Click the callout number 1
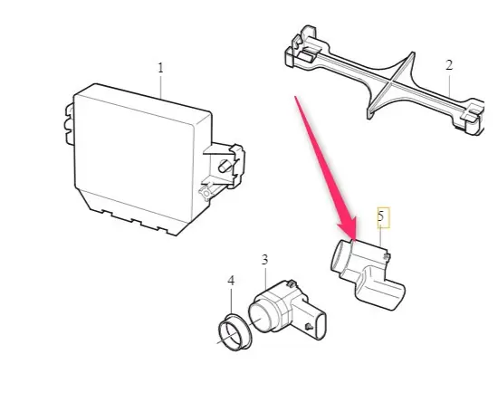tap(160, 68)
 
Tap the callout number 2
tap(449, 65)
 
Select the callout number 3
tap(264, 260)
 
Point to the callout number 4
tap(231, 281)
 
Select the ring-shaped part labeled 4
tap(235, 332)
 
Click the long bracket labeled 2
tap(384, 81)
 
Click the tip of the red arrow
tap(353, 239)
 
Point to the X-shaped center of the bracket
tap(390, 81)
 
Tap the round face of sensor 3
tap(259, 318)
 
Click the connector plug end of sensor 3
tap(321, 326)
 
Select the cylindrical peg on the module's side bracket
tap(225, 166)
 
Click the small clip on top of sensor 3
tap(290, 283)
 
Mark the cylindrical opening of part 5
tap(340, 255)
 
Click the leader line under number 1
tap(161, 86)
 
